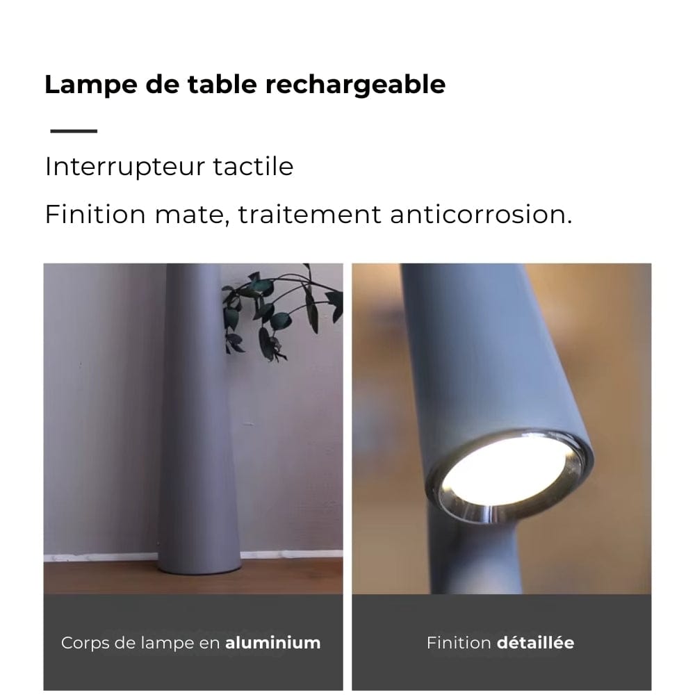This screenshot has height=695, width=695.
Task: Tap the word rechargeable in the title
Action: coord(355,85)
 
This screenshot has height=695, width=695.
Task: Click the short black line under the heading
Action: coord(74,131)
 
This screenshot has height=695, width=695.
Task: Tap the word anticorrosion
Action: coord(480,215)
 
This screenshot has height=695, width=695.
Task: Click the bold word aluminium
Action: coord(272,643)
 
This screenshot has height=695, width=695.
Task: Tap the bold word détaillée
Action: coord(535,643)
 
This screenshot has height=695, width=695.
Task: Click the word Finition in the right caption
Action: coord(459,643)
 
